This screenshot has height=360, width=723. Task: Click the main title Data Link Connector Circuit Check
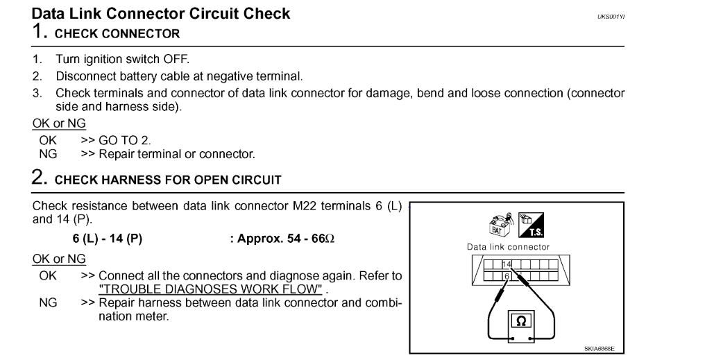161,13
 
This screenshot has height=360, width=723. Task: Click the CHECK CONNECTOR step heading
117,33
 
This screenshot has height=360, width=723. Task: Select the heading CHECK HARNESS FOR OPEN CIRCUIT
168,180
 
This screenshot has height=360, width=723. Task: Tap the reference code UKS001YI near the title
611,16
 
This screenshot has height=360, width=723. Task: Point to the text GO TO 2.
125,140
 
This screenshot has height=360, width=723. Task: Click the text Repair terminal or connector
177,154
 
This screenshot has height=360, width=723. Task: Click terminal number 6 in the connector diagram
506,275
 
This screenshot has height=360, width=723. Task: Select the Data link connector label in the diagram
508,247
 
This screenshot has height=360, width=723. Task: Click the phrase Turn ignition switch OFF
122,60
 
